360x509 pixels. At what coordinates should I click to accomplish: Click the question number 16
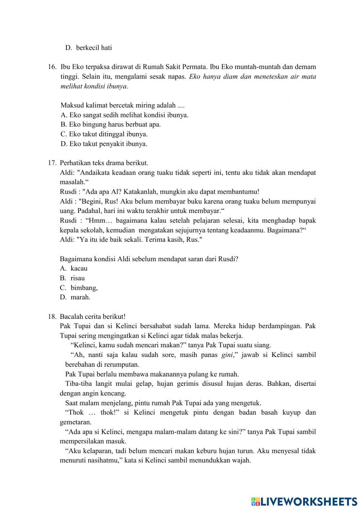(x=52, y=67)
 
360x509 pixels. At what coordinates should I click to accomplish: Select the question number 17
(x=52, y=163)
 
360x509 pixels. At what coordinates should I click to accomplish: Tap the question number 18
(x=52, y=317)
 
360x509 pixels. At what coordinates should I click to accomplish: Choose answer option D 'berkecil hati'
(x=89, y=48)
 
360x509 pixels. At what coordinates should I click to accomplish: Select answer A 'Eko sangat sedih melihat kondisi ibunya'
(x=125, y=115)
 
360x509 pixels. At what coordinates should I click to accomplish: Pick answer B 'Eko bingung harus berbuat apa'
(x=111, y=125)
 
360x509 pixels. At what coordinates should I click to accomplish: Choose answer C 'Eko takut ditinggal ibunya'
(x=104, y=134)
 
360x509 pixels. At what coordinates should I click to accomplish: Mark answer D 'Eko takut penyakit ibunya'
(x=104, y=144)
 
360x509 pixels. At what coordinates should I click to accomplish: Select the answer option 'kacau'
(x=79, y=268)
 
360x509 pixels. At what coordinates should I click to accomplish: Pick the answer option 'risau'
(x=78, y=278)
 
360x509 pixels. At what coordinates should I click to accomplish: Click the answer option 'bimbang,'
(x=84, y=288)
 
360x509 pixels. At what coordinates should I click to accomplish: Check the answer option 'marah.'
(x=80, y=297)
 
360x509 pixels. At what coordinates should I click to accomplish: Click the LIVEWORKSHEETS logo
(x=304, y=501)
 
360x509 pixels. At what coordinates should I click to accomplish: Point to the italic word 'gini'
(x=226, y=355)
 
